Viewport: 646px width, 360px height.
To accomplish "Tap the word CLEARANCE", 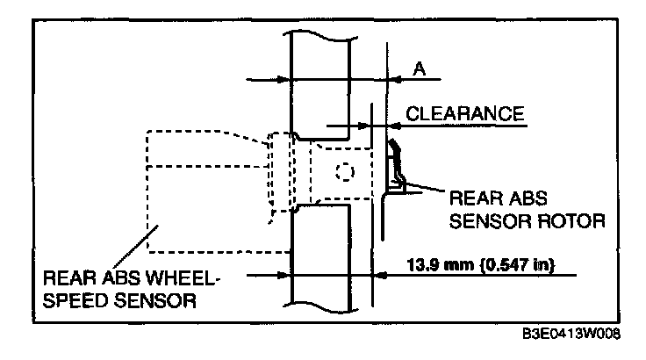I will tap(465, 114).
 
